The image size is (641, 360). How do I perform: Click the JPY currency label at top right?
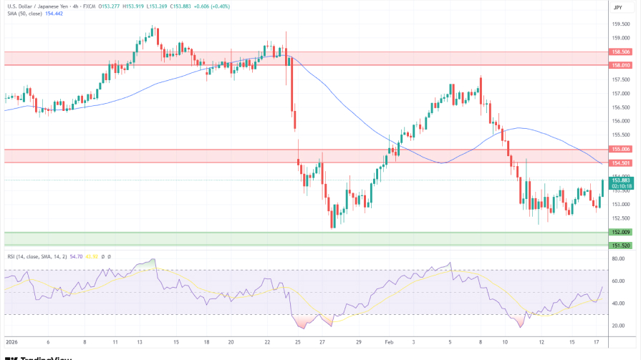[617, 7]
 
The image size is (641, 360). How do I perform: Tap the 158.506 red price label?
[620, 52]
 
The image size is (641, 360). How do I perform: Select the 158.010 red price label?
[620, 65]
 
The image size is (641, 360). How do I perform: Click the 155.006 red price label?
[620, 149]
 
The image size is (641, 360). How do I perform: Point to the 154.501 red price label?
[620, 162]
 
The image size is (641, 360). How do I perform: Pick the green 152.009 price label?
[620, 232]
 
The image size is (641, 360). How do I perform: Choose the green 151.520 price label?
[620, 245]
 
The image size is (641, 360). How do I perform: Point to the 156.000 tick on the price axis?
[620, 120]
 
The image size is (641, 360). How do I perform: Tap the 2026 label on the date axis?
[11, 343]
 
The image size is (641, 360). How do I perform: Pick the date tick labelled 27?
[323, 343]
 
